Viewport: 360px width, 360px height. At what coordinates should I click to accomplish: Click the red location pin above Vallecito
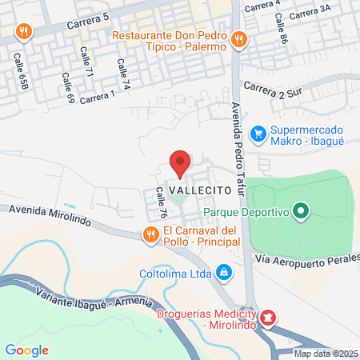pyautogui.click(x=180, y=162)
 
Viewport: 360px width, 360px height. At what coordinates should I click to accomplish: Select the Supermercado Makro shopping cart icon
pyautogui.click(x=258, y=134)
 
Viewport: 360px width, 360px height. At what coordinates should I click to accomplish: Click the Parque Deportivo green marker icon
pyautogui.click(x=301, y=212)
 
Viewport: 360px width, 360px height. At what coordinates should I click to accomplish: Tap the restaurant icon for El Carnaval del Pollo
pyautogui.click(x=150, y=234)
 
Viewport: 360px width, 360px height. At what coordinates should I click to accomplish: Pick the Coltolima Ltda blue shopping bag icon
pyautogui.click(x=226, y=273)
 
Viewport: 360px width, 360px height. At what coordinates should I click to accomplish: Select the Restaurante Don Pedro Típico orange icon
pyautogui.click(x=238, y=39)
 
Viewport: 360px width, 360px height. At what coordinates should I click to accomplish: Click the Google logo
pyautogui.click(x=26, y=350)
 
